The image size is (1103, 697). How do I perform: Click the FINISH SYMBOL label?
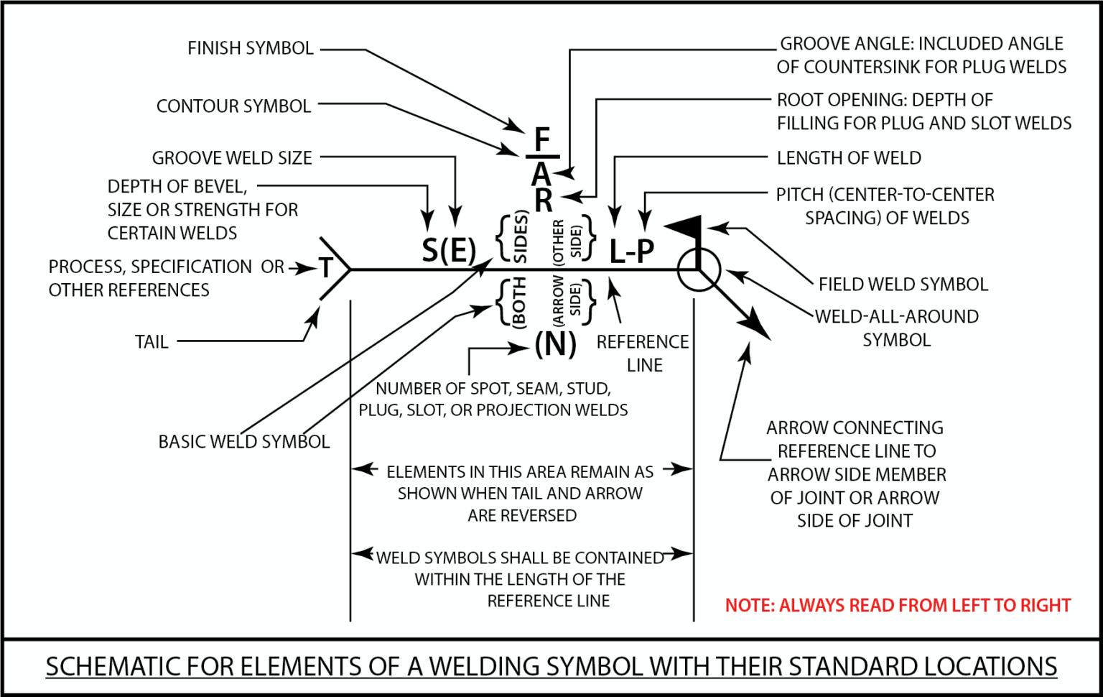click(x=250, y=48)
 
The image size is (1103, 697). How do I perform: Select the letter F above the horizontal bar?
click(x=542, y=139)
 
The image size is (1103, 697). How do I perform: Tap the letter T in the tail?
click(x=326, y=268)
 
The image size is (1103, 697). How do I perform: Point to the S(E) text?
click(x=449, y=251)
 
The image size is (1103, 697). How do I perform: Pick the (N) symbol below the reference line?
click(x=555, y=344)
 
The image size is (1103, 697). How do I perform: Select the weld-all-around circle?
click(x=698, y=269)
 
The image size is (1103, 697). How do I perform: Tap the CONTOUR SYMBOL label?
click(x=233, y=106)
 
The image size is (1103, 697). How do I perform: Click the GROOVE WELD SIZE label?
click(x=232, y=158)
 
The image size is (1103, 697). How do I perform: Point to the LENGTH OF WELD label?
click(x=849, y=158)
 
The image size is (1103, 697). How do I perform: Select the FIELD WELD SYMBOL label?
click(x=903, y=285)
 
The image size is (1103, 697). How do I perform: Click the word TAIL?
click(x=152, y=342)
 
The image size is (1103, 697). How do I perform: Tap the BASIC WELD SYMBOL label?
click(x=243, y=441)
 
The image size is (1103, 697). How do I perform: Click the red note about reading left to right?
click(x=897, y=606)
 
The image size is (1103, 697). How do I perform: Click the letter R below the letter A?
click(x=544, y=200)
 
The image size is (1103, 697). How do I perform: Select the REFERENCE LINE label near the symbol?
click(x=643, y=353)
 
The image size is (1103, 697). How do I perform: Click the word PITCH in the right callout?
click(x=799, y=195)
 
